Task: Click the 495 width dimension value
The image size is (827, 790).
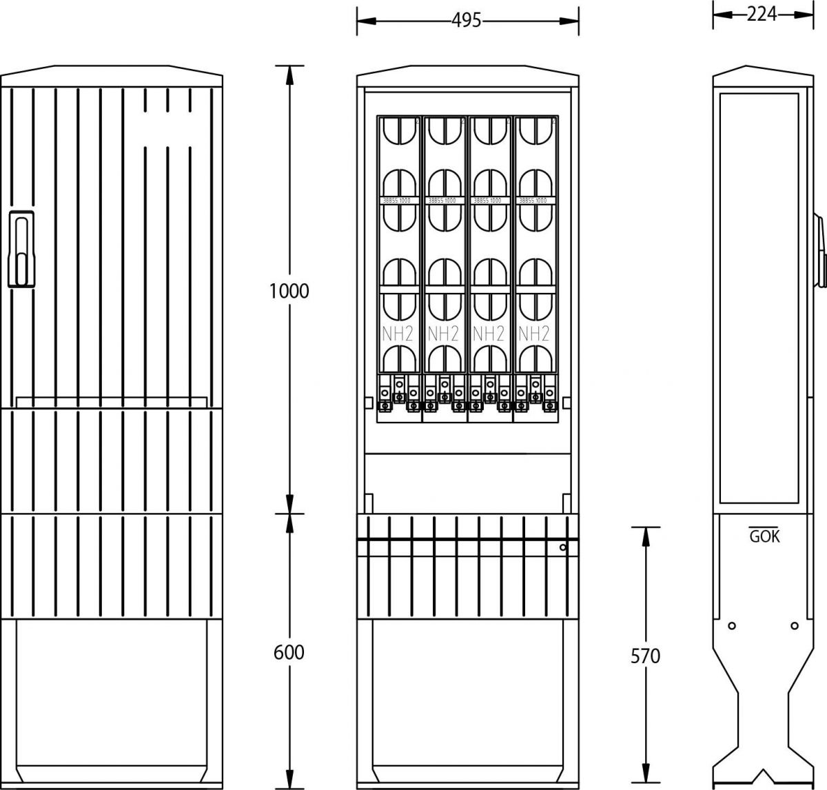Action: pos(466,21)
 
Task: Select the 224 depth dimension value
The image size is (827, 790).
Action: pos(762,14)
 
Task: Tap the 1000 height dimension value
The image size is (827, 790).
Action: pos(289,291)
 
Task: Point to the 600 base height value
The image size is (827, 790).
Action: pos(289,651)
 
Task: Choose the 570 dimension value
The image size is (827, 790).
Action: pos(645,656)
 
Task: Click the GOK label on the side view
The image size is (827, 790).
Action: pos(764,537)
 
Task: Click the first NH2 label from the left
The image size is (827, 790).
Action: pos(398,334)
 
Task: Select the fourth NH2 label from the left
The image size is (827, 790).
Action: pos(534,334)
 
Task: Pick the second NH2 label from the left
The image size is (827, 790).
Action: pos(443,334)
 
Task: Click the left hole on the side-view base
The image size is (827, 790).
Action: pos(732,626)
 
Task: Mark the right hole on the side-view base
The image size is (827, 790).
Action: pos(795,626)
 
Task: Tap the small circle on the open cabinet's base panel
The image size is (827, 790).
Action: pos(563,548)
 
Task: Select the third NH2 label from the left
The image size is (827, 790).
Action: pos(489,334)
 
